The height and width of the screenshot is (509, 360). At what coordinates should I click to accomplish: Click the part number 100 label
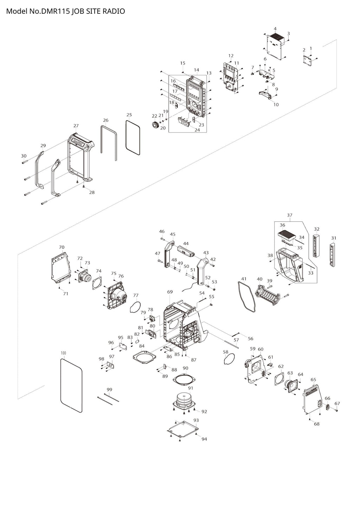click(63, 353)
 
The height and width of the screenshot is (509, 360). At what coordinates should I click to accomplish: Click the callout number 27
click(76, 126)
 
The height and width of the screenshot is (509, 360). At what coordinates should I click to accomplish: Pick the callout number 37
click(289, 215)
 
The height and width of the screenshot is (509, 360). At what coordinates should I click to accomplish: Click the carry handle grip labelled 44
click(186, 251)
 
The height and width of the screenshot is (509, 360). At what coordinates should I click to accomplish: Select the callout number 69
click(170, 292)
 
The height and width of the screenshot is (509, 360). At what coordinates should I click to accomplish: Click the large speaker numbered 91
click(185, 401)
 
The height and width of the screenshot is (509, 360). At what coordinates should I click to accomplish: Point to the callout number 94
click(204, 439)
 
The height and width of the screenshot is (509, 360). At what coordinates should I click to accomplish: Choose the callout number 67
click(337, 403)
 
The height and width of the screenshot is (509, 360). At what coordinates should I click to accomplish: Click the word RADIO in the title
click(114, 11)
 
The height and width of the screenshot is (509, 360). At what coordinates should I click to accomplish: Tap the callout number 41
click(244, 279)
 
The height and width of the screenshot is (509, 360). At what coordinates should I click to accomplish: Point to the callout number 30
click(24, 156)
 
